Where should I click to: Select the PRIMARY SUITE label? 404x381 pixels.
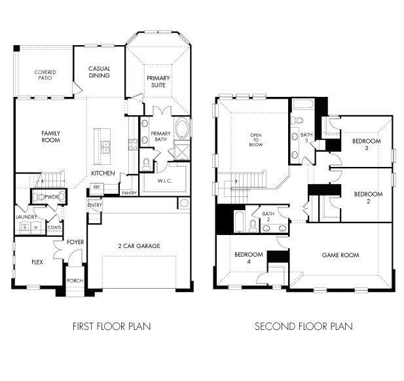(158, 82)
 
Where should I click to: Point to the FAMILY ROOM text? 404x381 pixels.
(50, 136)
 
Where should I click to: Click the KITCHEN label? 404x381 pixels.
(103, 173)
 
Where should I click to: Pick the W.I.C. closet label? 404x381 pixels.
(164, 180)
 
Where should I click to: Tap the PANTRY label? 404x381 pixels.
(129, 192)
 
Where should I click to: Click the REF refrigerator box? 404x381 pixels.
(96, 187)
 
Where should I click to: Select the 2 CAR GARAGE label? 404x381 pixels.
(139, 246)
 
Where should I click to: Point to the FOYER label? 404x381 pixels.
(75, 242)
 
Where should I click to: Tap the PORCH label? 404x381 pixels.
(75, 281)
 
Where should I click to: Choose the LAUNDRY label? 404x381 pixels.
(26, 217)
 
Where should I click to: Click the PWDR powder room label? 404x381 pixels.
(52, 196)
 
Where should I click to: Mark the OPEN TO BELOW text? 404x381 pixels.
(255, 141)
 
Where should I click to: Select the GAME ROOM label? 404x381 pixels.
(340, 255)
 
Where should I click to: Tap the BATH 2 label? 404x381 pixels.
(268, 216)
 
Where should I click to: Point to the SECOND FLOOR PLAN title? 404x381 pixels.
(303, 326)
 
